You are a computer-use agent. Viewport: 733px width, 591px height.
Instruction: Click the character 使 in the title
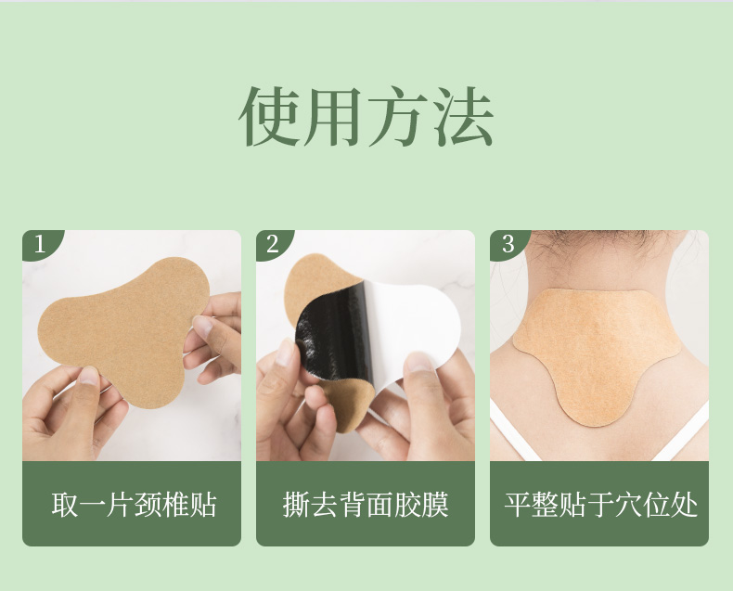[269, 117]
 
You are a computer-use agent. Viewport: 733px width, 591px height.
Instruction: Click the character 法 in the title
[461, 117]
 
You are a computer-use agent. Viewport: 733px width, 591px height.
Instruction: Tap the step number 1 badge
[39, 244]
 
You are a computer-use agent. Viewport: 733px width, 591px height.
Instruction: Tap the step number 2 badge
[272, 244]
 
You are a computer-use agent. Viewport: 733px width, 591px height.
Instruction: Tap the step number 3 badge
[508, 244]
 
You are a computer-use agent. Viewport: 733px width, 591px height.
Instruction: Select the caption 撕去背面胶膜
[366, 505]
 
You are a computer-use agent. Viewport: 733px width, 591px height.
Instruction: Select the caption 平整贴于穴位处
[600, 505]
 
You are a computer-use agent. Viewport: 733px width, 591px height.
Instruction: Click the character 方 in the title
[397, 117]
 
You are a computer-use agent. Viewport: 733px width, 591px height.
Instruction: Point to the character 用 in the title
[332, 117]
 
